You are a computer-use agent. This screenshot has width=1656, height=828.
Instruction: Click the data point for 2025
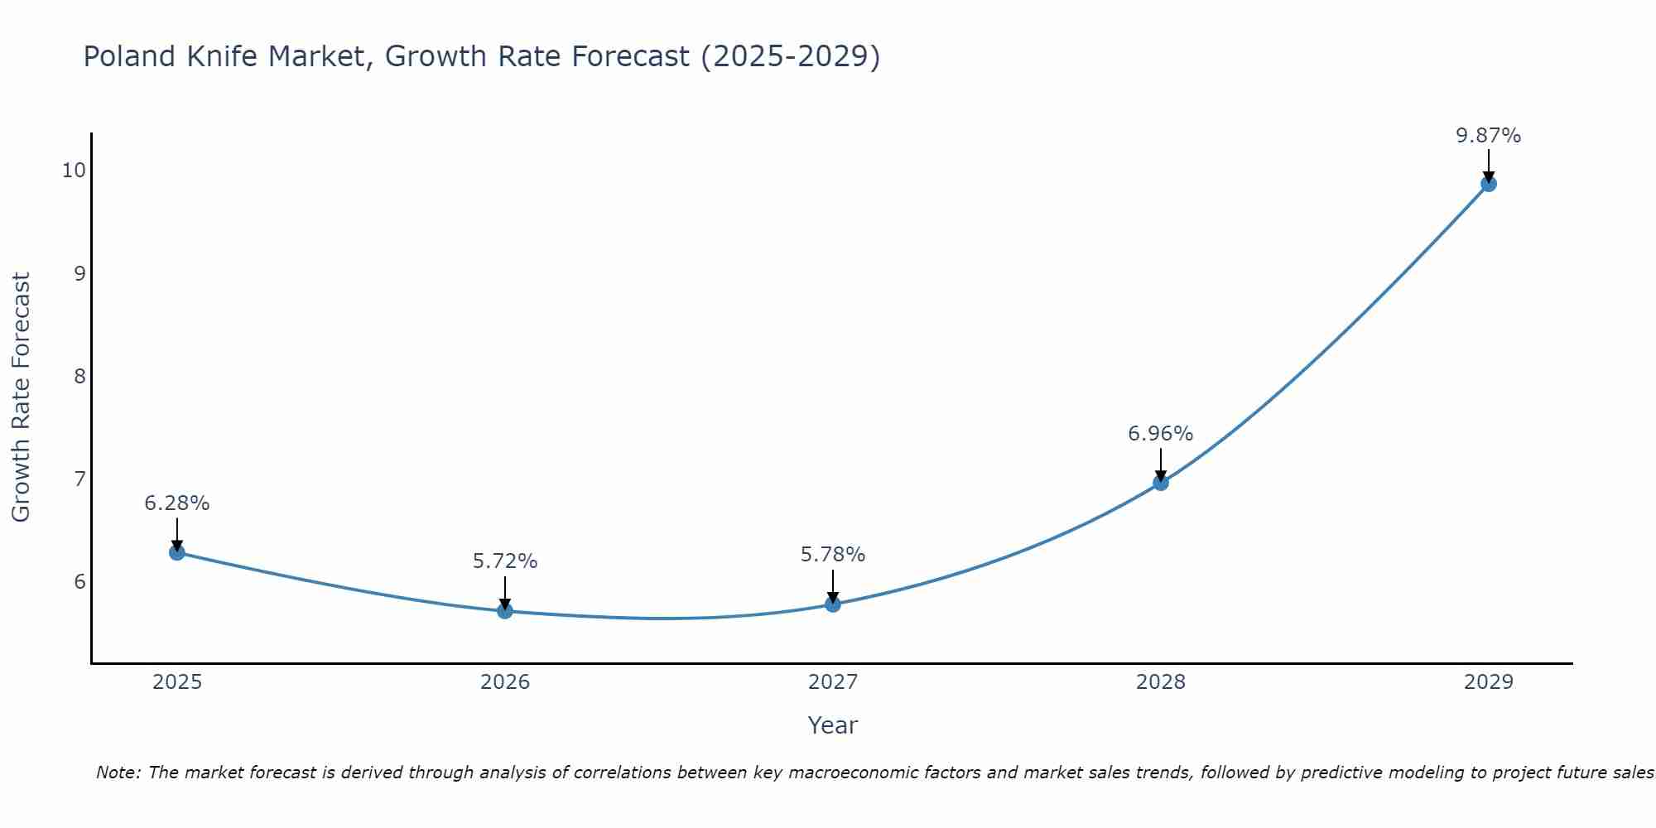[x=177, y=552]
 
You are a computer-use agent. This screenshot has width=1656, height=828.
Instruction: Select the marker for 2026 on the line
[x=505, y=611]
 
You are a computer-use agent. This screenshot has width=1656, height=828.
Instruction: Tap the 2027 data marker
[x=833, y=604]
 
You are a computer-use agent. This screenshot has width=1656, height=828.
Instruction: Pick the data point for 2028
[x=1161, y=483]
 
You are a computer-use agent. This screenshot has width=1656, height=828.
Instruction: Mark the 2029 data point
[x=1489, y=184]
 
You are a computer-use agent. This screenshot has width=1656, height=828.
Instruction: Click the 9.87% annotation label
[x=1489, y=136]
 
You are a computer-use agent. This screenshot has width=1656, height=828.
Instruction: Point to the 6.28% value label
[x=177, y=503]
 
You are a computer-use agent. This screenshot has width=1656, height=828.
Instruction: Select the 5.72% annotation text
[x=505, y=561]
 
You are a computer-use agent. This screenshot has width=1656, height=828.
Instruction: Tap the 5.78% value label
[x=833, y=555]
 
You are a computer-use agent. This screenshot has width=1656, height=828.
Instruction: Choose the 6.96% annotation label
[x=1161, y=434]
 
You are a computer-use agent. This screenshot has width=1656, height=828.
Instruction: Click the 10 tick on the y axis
[x=74, y=171]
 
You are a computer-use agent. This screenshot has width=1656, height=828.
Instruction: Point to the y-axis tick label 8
[x=79, y=377]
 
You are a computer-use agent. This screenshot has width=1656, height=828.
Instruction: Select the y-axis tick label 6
[x=79, y=582]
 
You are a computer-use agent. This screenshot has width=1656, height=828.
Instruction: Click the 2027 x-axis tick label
[x=833, y=682]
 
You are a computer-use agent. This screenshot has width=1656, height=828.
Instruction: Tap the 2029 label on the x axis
[x=1489, y=682]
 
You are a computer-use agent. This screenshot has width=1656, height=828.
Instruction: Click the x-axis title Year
[x=833, y=725]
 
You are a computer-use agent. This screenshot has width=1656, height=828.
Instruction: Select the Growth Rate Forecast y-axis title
[x=21, y=397]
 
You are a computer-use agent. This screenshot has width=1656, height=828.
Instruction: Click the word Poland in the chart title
[x=130, y=57]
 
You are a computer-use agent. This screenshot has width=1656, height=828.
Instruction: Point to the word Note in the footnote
[x=118, y=773]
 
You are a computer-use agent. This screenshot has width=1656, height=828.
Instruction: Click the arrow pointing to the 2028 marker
[x=1161, y=464]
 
